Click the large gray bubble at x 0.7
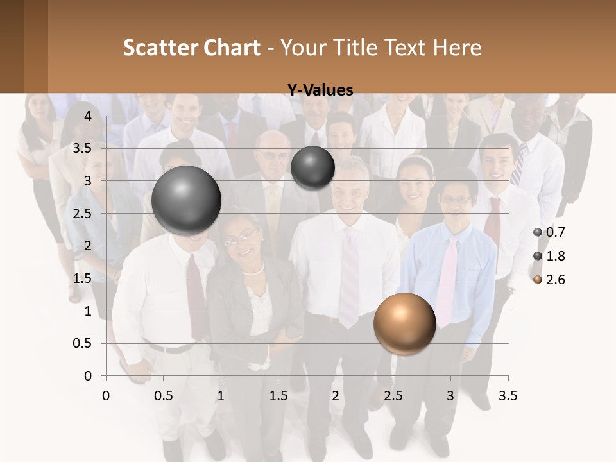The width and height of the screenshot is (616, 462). click(187, 200)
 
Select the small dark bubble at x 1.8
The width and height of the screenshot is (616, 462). click(312, 167)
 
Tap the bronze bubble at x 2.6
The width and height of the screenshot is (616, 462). click(404, 323)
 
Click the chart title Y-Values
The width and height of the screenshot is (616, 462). click(320, 90)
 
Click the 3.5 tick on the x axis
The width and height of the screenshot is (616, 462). click(508, 396)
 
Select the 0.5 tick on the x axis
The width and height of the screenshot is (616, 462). click(164, 396)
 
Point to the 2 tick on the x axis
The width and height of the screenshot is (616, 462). click(336, 396)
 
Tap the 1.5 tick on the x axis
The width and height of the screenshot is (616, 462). click(278, 396)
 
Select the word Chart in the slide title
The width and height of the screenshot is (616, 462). click(232, 47)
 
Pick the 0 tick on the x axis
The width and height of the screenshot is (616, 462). click(106, 396)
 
